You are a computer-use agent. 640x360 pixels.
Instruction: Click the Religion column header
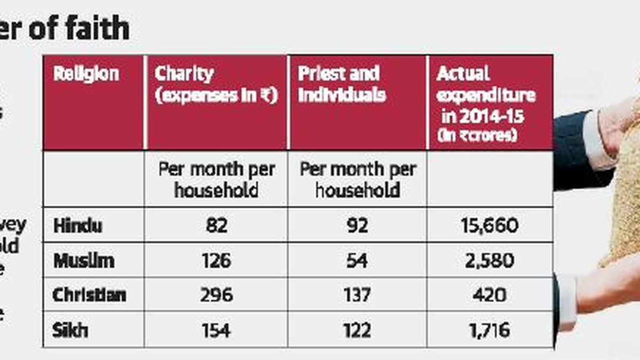86,74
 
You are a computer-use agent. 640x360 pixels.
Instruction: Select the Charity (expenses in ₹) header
216,85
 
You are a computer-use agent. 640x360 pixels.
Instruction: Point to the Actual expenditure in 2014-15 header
486,103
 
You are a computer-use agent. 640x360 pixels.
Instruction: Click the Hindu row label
78,225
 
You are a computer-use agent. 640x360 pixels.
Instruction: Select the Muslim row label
84,261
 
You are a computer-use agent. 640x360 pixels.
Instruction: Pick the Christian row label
89,295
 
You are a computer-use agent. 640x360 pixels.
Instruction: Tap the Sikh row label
70,330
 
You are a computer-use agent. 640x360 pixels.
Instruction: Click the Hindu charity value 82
216,226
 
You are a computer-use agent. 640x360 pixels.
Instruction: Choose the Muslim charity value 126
216,261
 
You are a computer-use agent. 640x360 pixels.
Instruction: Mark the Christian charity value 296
216,295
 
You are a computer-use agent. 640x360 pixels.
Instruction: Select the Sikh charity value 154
216,331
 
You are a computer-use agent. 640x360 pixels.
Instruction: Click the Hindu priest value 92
357,226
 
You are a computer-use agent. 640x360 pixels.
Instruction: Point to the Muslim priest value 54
357,261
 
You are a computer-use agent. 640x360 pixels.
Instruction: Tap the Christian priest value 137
357,295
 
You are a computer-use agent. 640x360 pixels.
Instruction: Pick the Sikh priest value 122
357,331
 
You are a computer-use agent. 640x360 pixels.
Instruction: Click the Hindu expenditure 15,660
490,226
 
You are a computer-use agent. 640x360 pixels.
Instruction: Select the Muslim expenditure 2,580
490,261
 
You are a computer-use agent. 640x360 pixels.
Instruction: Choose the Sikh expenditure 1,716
490,331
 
